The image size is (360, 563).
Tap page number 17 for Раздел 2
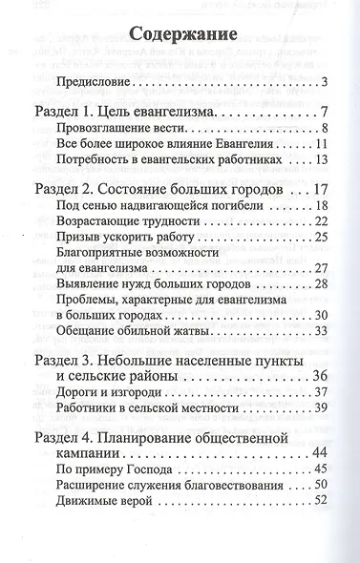pos(322,188)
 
